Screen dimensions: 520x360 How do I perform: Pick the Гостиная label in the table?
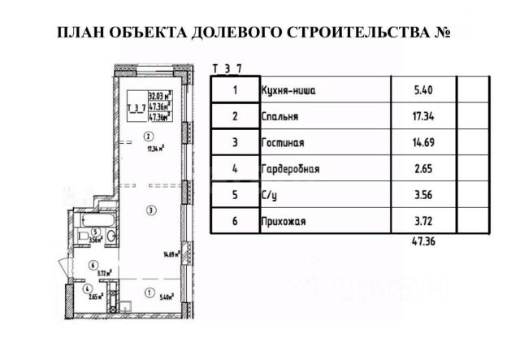[x=283, y=143]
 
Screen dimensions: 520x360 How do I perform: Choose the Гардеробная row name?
[x=291, y=169]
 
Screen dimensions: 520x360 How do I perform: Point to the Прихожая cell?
[x=284, y=220]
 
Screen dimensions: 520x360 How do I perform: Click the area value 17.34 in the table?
[x=423, y=117]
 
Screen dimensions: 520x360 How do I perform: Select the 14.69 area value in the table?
[x=423, y=143]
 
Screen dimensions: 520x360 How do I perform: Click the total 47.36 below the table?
[x=424, y=241]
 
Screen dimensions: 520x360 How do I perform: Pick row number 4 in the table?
[x=235, y=169]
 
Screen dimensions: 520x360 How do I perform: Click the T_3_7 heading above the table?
[x=226, y=68]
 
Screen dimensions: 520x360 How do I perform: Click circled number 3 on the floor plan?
[x=151, y=210]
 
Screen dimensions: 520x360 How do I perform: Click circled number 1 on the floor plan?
[x=149, y=293]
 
